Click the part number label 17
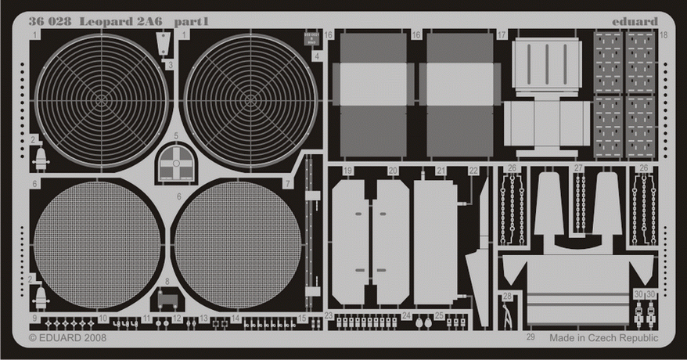click(502, 35)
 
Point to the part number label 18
click(664, 35)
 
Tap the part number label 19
click(347, 170)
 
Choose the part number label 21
click(441, 170)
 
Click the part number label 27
click(578, 169)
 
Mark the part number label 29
click(531, 337)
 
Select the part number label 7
click(288, 184)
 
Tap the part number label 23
click(329, 316)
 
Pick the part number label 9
click(35, 318)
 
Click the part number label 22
click(473, 170)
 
